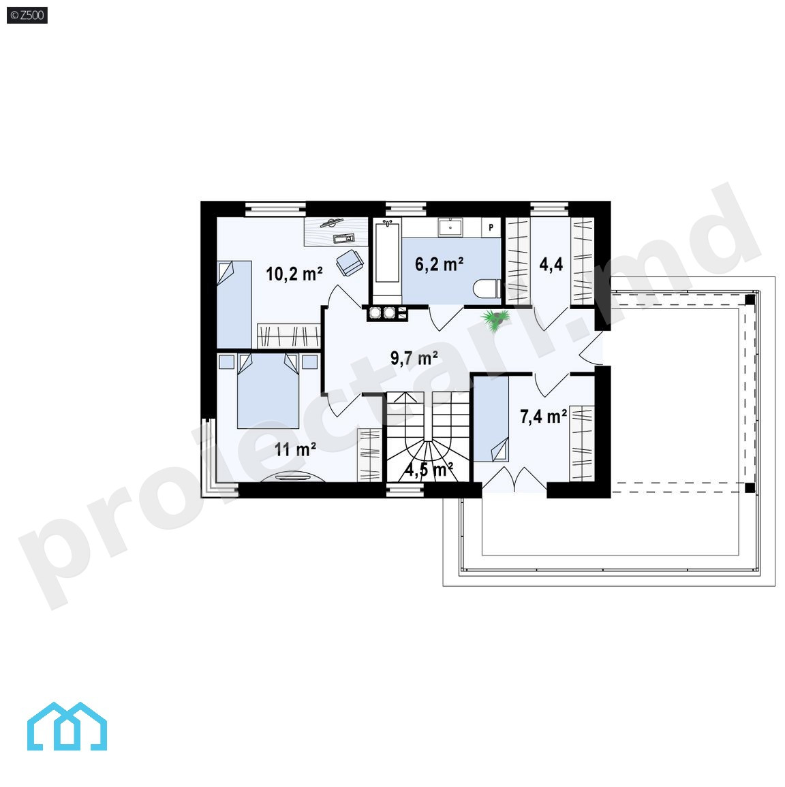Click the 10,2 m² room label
294,274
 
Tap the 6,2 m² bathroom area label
439,264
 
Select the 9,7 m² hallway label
414,358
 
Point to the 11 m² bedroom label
295,449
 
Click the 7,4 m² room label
543,416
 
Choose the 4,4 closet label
551,264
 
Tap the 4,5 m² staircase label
429,470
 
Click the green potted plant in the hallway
496,320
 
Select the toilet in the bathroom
486,289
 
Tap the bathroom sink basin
450,227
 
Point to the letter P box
491,227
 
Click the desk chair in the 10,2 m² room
350,262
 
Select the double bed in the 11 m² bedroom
268,391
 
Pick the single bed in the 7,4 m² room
491,419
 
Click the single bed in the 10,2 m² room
234,304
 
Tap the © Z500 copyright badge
27,15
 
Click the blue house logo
67,726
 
